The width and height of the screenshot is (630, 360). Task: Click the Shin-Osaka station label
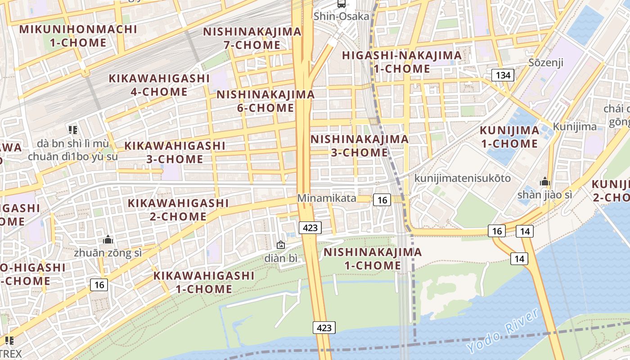coord(342,17)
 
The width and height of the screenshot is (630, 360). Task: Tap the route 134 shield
coord(503,75)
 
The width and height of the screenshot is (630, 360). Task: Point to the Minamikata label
coord(327,198)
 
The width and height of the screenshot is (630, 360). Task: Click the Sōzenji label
coord(546,62)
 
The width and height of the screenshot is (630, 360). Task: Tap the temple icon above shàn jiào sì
coord(545,182)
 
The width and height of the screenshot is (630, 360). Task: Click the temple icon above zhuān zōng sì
coord(108,239)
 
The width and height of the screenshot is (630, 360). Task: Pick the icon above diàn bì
coord(281,245)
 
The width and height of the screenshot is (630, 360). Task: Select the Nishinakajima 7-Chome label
coord(252,38)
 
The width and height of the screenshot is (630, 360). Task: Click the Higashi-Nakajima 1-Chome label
coord(402,62)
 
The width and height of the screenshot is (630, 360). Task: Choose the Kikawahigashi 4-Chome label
coord(159,85)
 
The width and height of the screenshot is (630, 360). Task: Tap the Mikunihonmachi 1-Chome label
coord(78,36)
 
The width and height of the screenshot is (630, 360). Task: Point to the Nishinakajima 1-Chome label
coord(373,259)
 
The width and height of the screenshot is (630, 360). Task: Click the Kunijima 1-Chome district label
coord(509,137)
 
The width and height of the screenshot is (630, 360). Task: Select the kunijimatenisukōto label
coord(463,178)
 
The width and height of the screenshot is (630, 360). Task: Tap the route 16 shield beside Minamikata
coord(382,200)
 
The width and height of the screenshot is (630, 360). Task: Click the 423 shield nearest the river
coord(324,328)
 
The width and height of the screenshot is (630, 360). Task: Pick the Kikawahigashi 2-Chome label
coord(178,210)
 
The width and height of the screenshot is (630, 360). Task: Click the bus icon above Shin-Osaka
coord(342,4)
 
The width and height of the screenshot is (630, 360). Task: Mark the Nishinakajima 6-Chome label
coord(265,101)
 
